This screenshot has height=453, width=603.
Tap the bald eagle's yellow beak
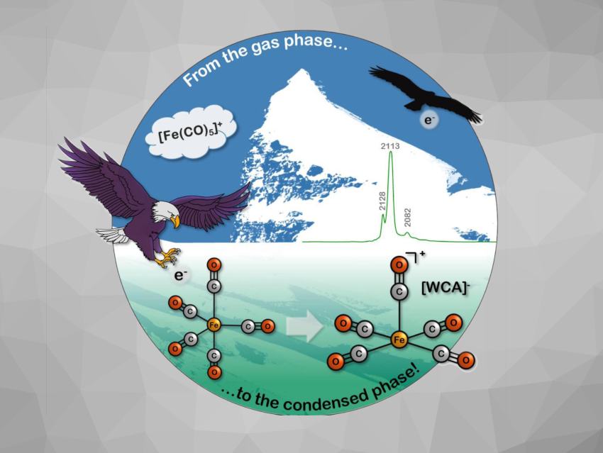pyautogui.click(x=175, y=222)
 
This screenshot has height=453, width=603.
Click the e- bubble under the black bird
pyautogui.click(x=429, y=121)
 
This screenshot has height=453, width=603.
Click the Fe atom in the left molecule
pyautogui.click(x=214, y=325)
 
